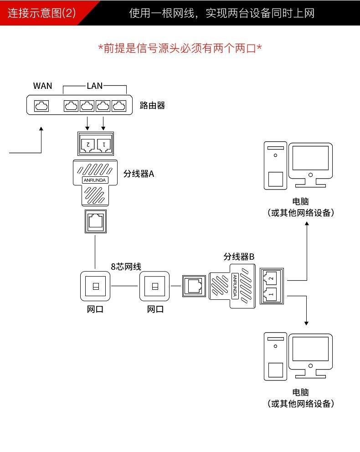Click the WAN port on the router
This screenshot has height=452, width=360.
[41, 106]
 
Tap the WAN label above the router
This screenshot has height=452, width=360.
[43, 86]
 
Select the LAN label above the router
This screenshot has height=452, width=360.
[94, 86]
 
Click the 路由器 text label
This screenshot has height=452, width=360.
[152, 106]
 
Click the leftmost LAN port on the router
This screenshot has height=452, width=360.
[71, 106]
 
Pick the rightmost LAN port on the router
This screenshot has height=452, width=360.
[119, 106]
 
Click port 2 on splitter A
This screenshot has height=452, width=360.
[87, 144]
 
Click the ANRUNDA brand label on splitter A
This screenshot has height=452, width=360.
[95, 180]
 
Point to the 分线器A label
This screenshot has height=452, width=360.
[139, 174]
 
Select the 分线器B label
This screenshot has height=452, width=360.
[239, 257]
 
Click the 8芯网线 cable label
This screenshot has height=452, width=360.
[126, 267]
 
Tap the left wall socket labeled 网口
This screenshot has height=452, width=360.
[95, 286]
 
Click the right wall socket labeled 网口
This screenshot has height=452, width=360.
[155, 286]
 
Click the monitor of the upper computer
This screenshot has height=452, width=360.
[310, 159]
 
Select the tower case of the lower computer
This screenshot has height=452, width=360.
[275, 356]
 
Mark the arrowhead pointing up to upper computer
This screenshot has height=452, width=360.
[307, 225]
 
